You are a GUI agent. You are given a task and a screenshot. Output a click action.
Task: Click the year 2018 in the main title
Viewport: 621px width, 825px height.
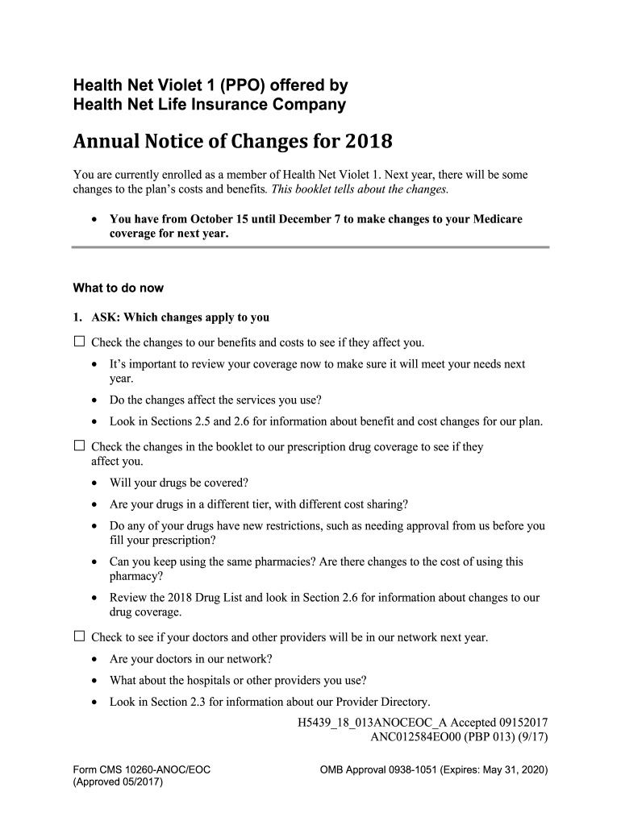(369, 143)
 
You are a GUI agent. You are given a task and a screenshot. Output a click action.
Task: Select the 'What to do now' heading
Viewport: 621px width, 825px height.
(118, 288)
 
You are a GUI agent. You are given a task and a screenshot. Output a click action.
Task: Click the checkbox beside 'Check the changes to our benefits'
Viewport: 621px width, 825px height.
(79, 341)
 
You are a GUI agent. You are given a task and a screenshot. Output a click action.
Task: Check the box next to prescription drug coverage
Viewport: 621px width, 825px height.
(79, 446)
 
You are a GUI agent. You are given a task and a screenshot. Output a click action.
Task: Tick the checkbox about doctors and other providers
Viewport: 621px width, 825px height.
(79, 636)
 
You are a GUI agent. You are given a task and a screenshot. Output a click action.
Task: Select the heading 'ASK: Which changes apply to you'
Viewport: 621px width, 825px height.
(180, 317)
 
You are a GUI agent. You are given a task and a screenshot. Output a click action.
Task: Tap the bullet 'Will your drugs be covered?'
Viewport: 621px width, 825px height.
(179, 483)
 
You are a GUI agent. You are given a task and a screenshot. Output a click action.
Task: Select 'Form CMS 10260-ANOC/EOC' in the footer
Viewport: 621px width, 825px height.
(142, 769)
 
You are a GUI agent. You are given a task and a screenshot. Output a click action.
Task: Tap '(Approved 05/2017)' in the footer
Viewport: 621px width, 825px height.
(118, 782)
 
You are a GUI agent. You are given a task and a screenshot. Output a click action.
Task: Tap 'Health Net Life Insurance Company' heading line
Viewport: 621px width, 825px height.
(210, 105)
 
